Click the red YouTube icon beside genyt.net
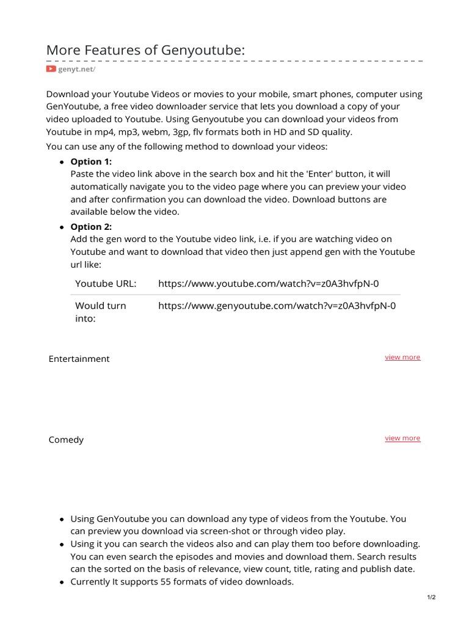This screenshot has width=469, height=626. [x=51, y=69]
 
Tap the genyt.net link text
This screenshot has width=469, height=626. [x=76, y=69]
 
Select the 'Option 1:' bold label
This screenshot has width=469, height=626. [x=91, y=161]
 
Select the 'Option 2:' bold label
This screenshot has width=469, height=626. [x=91, y=227]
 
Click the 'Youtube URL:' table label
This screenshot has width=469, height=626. [x=106, y=284]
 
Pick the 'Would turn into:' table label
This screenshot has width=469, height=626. [x=100, y=312]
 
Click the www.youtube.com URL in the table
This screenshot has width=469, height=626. [x=268, y=284]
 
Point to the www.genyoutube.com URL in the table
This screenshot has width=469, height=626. [x=277, y=306]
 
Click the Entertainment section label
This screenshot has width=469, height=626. [x=79, y=359]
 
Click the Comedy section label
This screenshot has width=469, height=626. [x=66, y=440]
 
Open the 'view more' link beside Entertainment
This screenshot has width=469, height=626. [x=402, y=357]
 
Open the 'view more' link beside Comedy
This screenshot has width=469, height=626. [x=402, y=438]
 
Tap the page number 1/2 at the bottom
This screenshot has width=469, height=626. [x=432, y=597]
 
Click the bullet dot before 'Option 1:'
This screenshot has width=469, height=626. [x=62, y=162]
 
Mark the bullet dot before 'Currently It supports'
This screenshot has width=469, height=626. [x=62, y=583]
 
